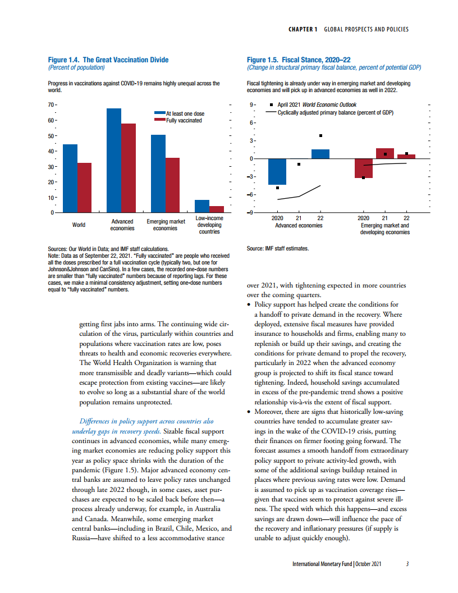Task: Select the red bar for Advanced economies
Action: pos(129,168)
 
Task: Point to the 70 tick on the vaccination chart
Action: pos(51,105)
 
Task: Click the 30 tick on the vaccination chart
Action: pos(51,167)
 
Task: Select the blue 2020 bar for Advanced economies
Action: pos(277,171)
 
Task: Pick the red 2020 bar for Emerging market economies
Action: pos(363,168)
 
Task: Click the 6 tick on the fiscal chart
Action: pos(253,122)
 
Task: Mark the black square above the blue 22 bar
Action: pos(320,135)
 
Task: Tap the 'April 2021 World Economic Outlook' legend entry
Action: pos(317,104)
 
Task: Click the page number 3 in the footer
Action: pos(407,564)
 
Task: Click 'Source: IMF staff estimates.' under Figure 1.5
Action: pos(278,248)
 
